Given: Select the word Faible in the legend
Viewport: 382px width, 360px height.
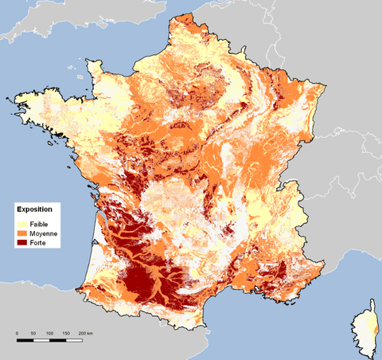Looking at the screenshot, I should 40,224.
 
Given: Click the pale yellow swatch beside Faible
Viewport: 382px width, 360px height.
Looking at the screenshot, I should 21,224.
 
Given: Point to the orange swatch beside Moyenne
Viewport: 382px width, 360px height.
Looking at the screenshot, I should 21,234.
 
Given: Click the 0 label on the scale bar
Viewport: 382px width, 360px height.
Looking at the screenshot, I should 18,332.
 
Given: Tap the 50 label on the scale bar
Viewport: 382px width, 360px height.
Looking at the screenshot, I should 33,332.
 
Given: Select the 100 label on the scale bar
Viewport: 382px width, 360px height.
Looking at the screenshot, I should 49,332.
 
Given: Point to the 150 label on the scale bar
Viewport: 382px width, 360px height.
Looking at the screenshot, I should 64,332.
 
